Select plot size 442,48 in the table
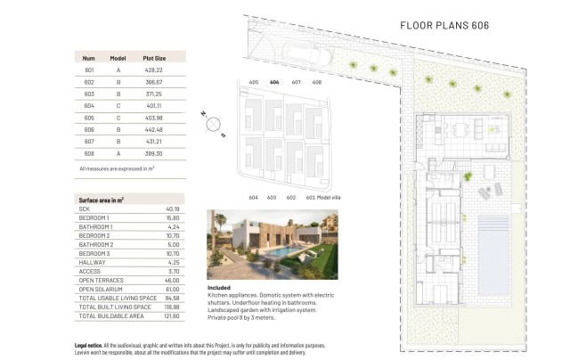153,127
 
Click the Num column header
89,56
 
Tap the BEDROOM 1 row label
94,217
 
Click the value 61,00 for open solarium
172,289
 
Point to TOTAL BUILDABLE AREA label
111,315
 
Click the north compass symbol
213,126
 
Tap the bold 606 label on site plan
274,82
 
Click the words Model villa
333,197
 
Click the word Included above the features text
219,288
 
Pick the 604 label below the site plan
253,197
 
